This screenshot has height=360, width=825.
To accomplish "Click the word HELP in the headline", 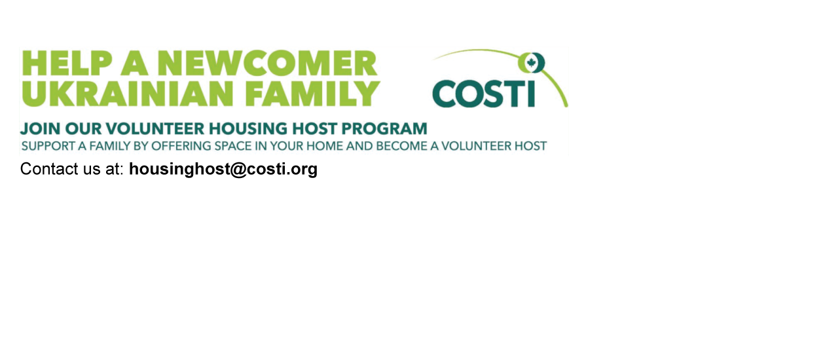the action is tap(67, 63).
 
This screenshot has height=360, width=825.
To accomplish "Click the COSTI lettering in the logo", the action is tap(484, 94).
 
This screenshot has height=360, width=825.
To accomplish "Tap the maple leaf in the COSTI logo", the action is tap(531, 63).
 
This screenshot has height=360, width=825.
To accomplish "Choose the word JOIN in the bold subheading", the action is tap(40, 129).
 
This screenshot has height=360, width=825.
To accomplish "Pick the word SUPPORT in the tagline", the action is tap(48, 146).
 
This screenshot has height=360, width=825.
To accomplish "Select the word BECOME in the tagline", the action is tap(401, 146).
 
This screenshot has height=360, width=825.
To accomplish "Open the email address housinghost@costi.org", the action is tap(223, 170).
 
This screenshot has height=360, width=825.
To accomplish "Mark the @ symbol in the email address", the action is tap(238, 170).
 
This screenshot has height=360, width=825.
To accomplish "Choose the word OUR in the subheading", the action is tap(83, 129).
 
